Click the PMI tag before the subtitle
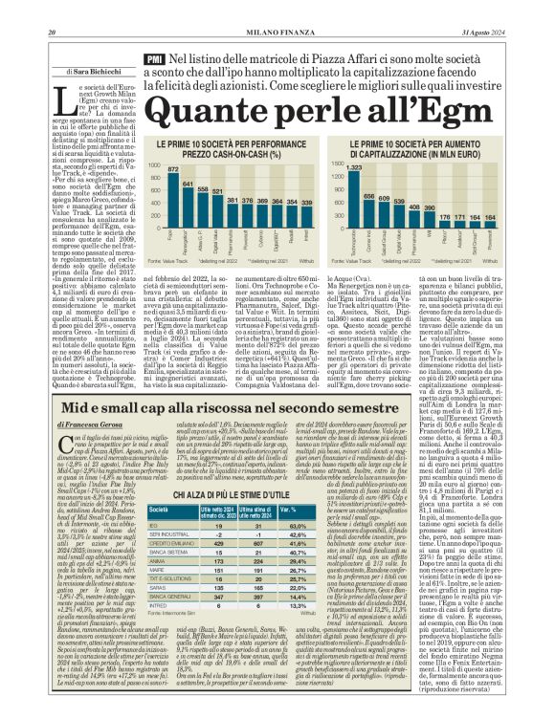click(153, 60)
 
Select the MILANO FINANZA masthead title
click(277, 9)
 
